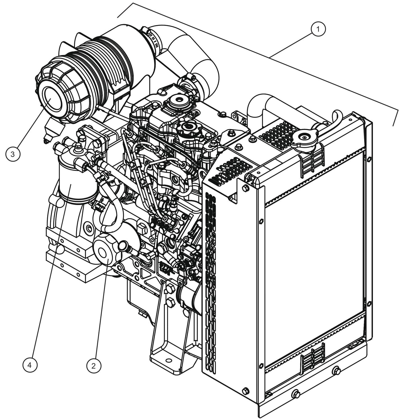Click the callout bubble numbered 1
[x=318, y=29]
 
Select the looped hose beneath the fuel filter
[x=108, y=209]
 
